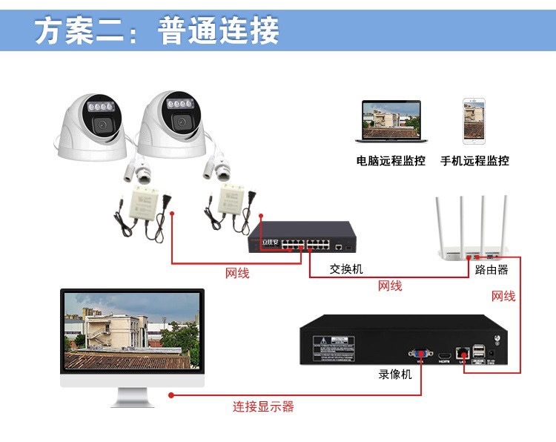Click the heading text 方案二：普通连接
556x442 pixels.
pyautogui.click(x=157, y=32)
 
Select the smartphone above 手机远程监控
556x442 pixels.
pyautogui.click(x=474, y=121)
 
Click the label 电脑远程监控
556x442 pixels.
pyautogui.click(x=390, y=161)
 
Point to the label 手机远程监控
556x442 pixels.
pyautogui.click(x=474, y=161)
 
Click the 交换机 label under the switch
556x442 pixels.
pyautogui.click(x=346, y=268)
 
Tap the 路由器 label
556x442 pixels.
pyautogui.click(x=492, y=269)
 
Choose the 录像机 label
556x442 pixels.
pyautogui.click(x=394, y=375)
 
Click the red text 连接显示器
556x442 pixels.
pyautogui.click(x=263, y=406)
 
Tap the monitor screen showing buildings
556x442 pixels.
pyautogui.click(x=131, y=331)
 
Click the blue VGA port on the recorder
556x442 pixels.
pyautogui.click(x=420, y=354)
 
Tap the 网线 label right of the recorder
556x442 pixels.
pyautogui.click(x=503, y=297)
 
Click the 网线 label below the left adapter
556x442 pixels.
pyautogui.click(x=237, y=274)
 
